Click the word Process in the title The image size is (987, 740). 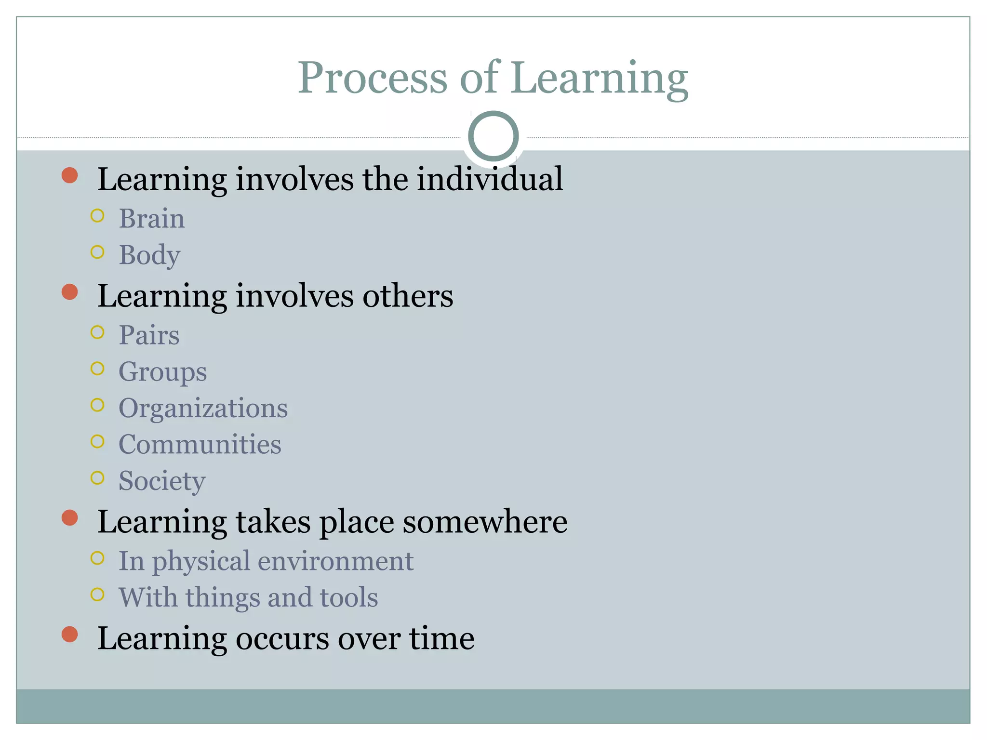pos(373,78)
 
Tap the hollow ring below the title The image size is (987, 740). pos(493,136)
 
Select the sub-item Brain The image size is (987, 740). pos(152,219)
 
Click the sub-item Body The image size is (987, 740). pos(149,255)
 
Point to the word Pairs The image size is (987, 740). pos(149,335)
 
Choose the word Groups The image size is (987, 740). pos(163,372)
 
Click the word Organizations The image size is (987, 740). pos(203,409)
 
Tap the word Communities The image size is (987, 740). pos(200,444)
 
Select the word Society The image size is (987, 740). pos(162,481)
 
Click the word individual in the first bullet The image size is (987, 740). pos(490,179)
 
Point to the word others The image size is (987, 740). pos(408,296)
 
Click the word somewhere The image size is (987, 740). pos(485,522)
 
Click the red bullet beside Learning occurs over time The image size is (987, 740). pos(70,634)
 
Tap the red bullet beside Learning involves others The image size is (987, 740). pos(70,292)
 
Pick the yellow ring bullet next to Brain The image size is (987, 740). pos(97,216)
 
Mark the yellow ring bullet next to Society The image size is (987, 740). pos(97,478)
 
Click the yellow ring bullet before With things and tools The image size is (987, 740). pos(97,595)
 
